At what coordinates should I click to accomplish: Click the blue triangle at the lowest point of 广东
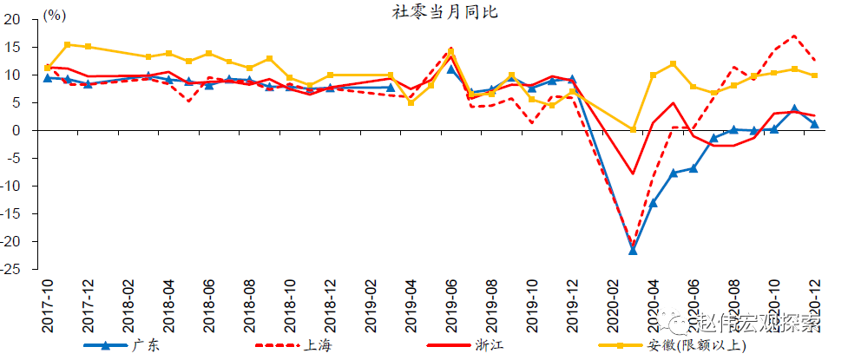click(633, 250)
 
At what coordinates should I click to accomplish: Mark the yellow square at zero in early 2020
click(633, 129)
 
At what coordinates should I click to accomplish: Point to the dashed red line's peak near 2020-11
click(794, 36)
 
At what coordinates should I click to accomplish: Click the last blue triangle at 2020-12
click(814, 123)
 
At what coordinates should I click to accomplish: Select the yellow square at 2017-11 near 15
click(68, 44)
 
